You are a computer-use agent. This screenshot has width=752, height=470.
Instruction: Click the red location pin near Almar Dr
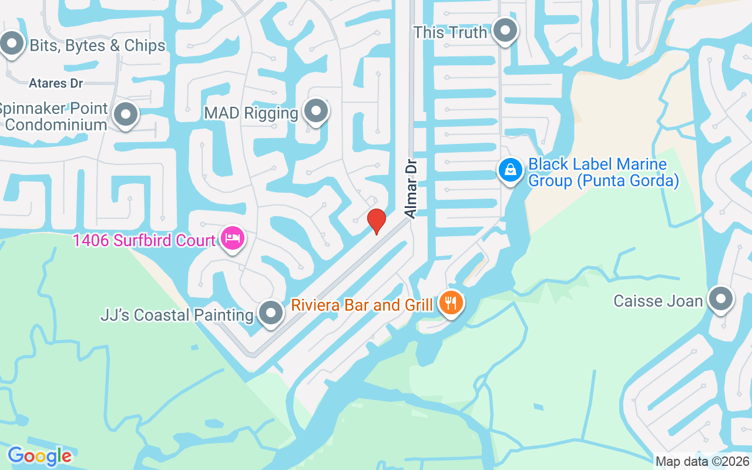point(376,221)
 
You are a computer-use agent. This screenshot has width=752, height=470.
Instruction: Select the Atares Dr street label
point(56,83)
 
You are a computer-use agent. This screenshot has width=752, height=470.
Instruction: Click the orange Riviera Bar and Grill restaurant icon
point(451,304)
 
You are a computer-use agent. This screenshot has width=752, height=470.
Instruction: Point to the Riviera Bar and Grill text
point(362,305)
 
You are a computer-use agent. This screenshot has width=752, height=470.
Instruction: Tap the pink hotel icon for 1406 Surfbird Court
point(233,239)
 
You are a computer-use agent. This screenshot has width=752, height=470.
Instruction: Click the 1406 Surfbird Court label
point(144,240)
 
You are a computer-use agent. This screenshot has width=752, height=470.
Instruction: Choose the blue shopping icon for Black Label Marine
point(511,170)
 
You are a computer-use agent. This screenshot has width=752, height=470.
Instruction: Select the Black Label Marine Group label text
point(603,172)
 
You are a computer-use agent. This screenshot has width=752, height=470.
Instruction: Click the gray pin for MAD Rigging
point(316,110)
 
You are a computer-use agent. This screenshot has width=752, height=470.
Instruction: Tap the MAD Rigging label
point(251,113)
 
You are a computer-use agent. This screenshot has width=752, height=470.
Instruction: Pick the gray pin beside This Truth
point(504,30)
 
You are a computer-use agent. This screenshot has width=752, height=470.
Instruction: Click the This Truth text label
point(450,32)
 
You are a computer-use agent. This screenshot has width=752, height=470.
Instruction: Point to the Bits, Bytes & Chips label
point(98,45)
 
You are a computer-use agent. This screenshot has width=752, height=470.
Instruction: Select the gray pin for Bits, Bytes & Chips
point(11,43)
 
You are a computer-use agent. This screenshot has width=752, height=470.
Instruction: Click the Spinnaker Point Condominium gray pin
point(125,114)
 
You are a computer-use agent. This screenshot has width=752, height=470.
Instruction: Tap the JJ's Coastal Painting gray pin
point(270,313)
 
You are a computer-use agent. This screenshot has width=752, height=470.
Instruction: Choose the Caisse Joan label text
point(658,301)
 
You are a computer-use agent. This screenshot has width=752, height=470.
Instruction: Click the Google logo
point(39,455)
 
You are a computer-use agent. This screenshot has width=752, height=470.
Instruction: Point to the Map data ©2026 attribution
point(702,461)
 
